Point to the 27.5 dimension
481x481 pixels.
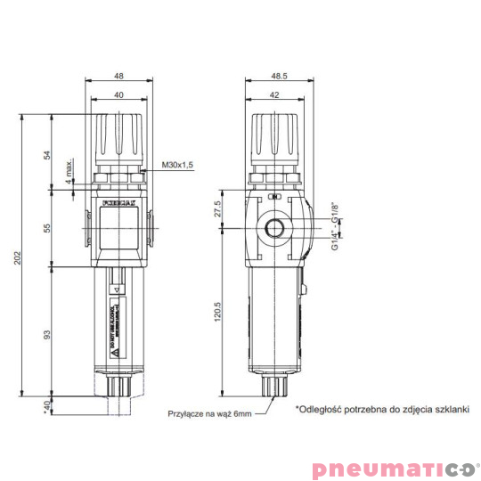[217, 211]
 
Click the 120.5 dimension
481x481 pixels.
[217, 314]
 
